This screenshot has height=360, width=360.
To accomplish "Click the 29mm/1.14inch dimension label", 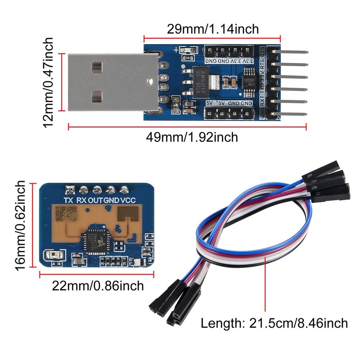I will pyautogui.click(x=213, y=29).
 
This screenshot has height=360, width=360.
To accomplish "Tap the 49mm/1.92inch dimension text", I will pyautogui.click(x=192, y=137).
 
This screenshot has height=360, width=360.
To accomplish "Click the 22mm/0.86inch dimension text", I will pyautogui.click(x=97, y=285).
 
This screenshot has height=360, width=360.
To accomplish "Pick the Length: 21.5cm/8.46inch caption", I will pyautogui.click(x=274, y=323).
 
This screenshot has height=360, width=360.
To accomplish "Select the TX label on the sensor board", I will pyautogui.click(x=69, y=200).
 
